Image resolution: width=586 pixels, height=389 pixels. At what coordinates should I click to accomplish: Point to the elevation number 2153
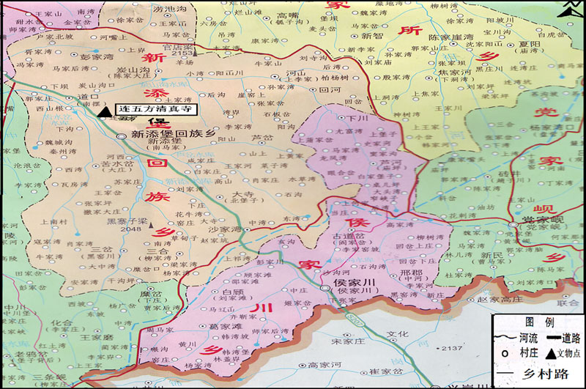coord(181,53)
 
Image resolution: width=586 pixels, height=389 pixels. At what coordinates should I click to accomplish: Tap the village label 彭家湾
coord(97,56)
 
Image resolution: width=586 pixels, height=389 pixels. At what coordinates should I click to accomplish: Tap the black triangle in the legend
coord(549,352)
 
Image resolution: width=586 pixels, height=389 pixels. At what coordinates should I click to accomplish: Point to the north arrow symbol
coord(568,9)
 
